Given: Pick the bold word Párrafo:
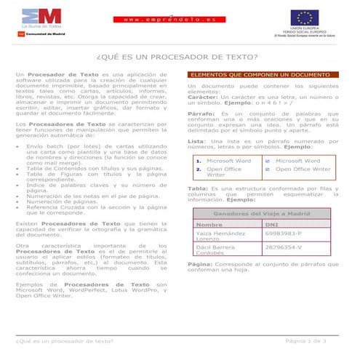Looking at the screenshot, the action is (200, 114).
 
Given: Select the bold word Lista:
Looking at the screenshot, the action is (196, 140).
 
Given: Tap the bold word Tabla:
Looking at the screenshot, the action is (198, 189).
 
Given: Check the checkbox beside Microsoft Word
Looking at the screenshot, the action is (268, 161).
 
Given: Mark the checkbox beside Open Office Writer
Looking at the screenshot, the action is (268, 169).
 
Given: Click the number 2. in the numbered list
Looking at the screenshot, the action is (198, 169).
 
